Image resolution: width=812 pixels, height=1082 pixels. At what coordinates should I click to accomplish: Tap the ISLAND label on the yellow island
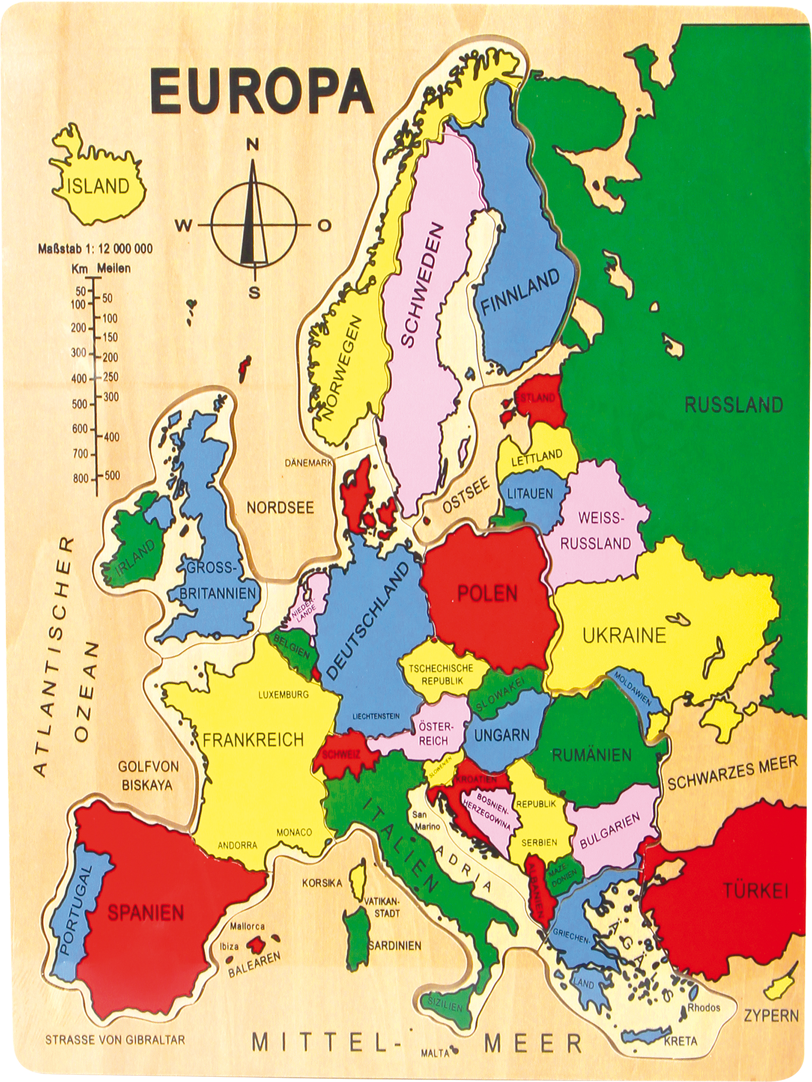tap(98, 186)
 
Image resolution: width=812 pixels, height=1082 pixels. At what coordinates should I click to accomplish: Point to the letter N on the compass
tap(252, 145)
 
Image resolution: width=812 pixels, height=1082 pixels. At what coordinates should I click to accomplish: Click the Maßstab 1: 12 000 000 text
tap(96, 249)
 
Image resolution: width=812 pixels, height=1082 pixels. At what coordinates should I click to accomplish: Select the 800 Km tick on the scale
tap(81, 478)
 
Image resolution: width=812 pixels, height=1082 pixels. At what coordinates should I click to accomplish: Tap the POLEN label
tap(487, 593)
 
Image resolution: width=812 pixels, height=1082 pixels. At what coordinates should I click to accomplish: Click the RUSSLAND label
tap(733, 405)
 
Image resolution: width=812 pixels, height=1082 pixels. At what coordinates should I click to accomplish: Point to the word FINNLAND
tap(520, 292)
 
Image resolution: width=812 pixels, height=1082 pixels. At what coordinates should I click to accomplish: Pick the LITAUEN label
tap(530, 494)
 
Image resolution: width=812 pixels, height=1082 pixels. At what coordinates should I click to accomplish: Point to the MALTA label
tap(435, 1050)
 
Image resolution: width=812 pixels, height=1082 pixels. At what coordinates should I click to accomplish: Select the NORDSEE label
tap(280, 508)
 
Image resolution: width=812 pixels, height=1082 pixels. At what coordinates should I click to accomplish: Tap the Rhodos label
tap(704, 994)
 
